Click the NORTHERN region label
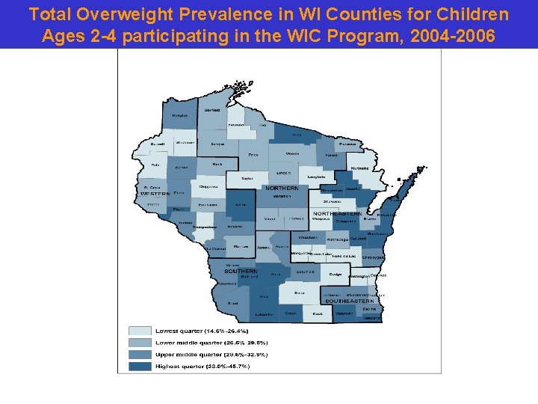(282, 189)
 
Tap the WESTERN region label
(155, 194)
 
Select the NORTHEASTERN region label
(337, 214)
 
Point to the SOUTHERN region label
(241, 271)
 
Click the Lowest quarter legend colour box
(140, 330)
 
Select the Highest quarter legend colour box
(140, 366)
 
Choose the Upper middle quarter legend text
(210, 354)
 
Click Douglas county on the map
(179, 116)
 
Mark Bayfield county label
(212, 110)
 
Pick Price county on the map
(253, 154)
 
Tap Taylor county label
(247, 178)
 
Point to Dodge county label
(336, 275)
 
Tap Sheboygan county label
(373, 257)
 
